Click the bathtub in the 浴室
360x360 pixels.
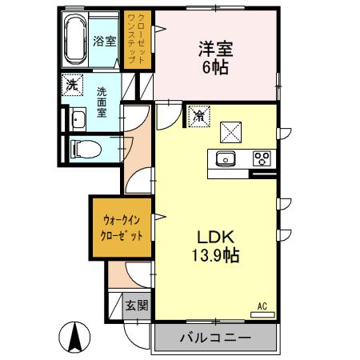[x=74, y=40]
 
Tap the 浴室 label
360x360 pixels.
[x=105, y=41]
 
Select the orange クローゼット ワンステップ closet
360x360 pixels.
[x=136, y=40]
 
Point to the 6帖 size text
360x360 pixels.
[x=214, y=68]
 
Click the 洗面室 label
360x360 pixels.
[x=102, y=102]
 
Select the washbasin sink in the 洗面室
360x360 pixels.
[x=78, y=121]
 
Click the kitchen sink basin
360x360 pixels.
[x=226, y=158]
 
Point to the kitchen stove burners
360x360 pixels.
[x=262, y=158]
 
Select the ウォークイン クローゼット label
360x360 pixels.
[x=122, y=227]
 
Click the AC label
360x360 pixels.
[x=262, y=305]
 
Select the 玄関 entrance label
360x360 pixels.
[x=137, y=305]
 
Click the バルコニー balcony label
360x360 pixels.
[x=214, y=338]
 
